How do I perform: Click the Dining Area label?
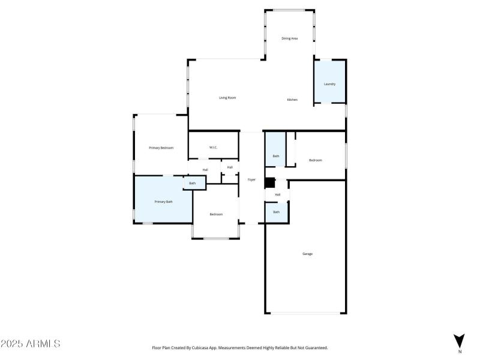pyautogui.click(x=290, y=38)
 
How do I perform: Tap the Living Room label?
pyautogui.click(x=227, y=98)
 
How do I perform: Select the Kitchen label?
pyautogui.click(x=292, y=100)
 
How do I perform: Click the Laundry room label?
pyautogui.click(x=329, y=84)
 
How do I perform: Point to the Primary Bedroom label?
pyautogui.click(x=161, y=148)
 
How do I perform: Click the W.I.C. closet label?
pyautogui.click(x=213, y=148)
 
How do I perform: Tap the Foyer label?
pyautogui.click(x=252, y=180)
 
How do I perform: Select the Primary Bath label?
pyautogui.click(x=164, y=202)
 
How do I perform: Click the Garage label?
pyautogui.click(x=307, y=254)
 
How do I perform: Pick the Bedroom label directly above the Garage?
pyautogui.click(x=316, y=160)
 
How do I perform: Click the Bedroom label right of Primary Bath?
pyautogui.click(x=216, y=214)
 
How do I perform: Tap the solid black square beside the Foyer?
pyautogui.click(x=270, y=183)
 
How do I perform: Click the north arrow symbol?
pyautogui.click(x=460, y=339)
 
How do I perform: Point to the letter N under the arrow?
pyautogui.click(x=460, y=351)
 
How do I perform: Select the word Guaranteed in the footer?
pyautogui.click(x=314, y=347)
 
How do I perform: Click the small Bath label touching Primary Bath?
pyautogui.click(x=193, y=184)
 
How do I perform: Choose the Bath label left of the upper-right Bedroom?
pyautogui.click(x=276, y=156)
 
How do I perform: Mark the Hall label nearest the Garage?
pyautogui.click(x=277, y=194)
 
